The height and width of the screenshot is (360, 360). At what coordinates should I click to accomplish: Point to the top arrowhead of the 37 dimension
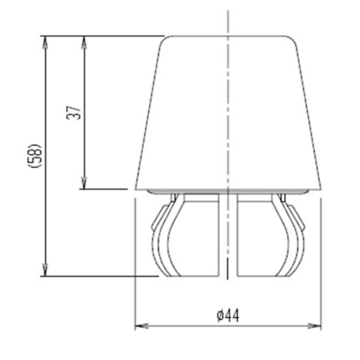coord(84,40)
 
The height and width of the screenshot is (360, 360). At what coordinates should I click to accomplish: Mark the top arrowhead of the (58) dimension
coord(44,40)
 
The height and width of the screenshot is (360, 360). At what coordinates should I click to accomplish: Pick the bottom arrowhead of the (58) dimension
coord(44,272)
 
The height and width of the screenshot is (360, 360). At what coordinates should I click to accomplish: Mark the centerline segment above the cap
coord(228,21)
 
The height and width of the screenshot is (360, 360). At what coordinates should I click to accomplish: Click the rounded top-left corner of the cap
coord(167,40)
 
